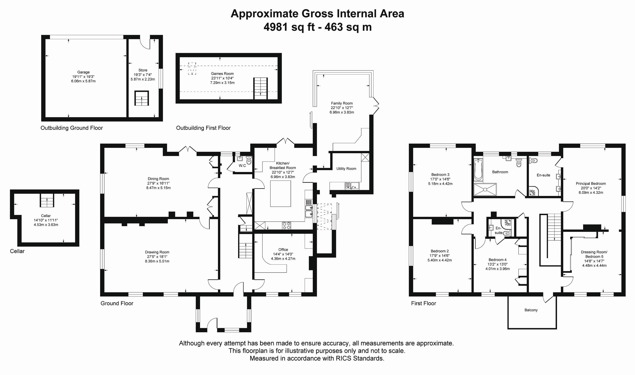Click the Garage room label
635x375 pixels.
pos(83,72)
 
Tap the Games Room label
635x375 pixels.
pos(222,74)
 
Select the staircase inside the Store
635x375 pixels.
pos(142,98)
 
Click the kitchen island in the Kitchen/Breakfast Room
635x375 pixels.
pos(280,194)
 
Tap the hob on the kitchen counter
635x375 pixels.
pos(286,225)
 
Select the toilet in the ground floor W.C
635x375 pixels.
pos(249,160)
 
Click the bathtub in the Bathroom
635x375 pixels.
pos(478,169)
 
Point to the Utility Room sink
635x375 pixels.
pos(352,186)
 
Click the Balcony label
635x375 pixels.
pos(531,310)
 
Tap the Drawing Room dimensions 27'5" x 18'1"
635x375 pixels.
pos(157,256)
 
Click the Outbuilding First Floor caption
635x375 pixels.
pos(203,128)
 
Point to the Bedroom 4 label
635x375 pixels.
pos(497,260)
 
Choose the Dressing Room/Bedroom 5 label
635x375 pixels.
pos(594,254)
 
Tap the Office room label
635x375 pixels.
pos(283,250)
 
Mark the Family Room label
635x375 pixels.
pos(342,103)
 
